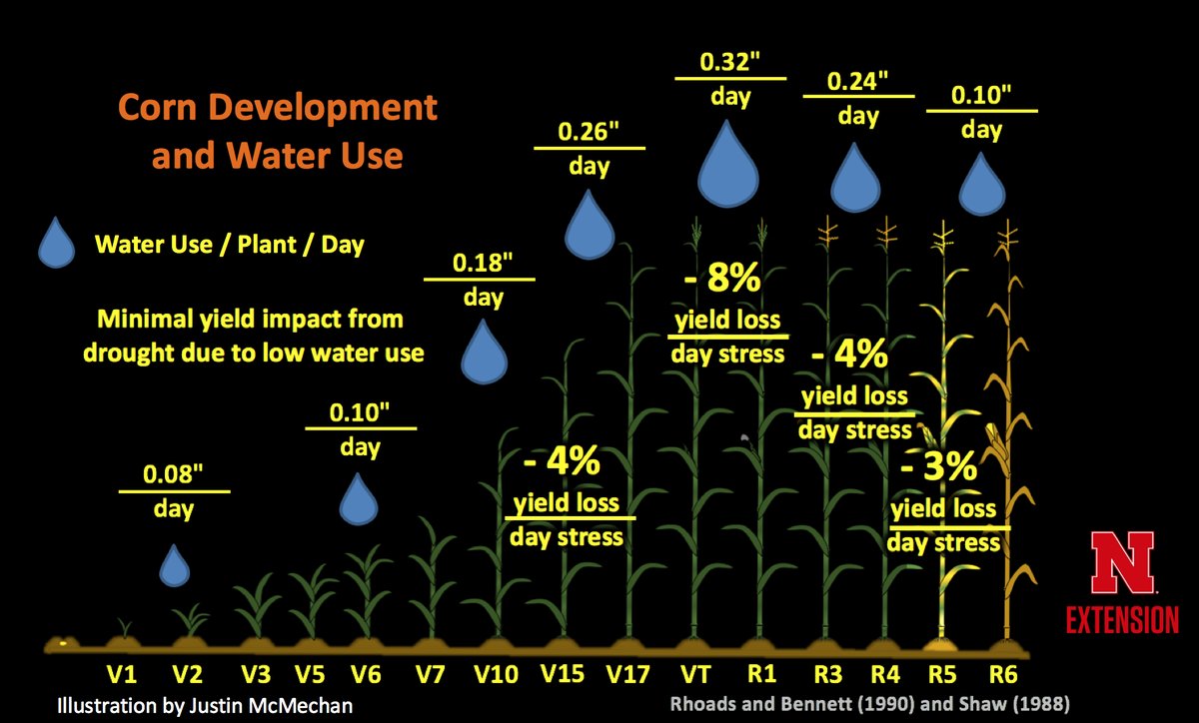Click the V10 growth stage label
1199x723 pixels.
[x=497, y=674]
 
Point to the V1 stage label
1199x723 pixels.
[x=123, y=674]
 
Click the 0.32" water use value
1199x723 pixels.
[x=729, y=60]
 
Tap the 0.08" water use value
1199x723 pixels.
[x=174, y=475]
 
